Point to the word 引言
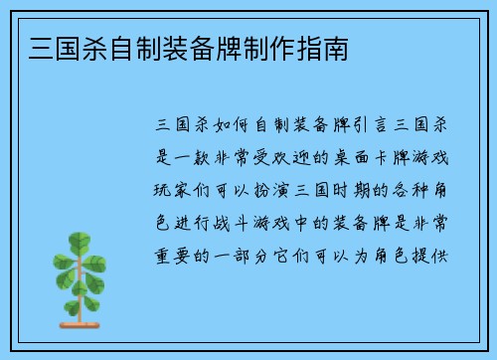(x=368, y=127)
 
